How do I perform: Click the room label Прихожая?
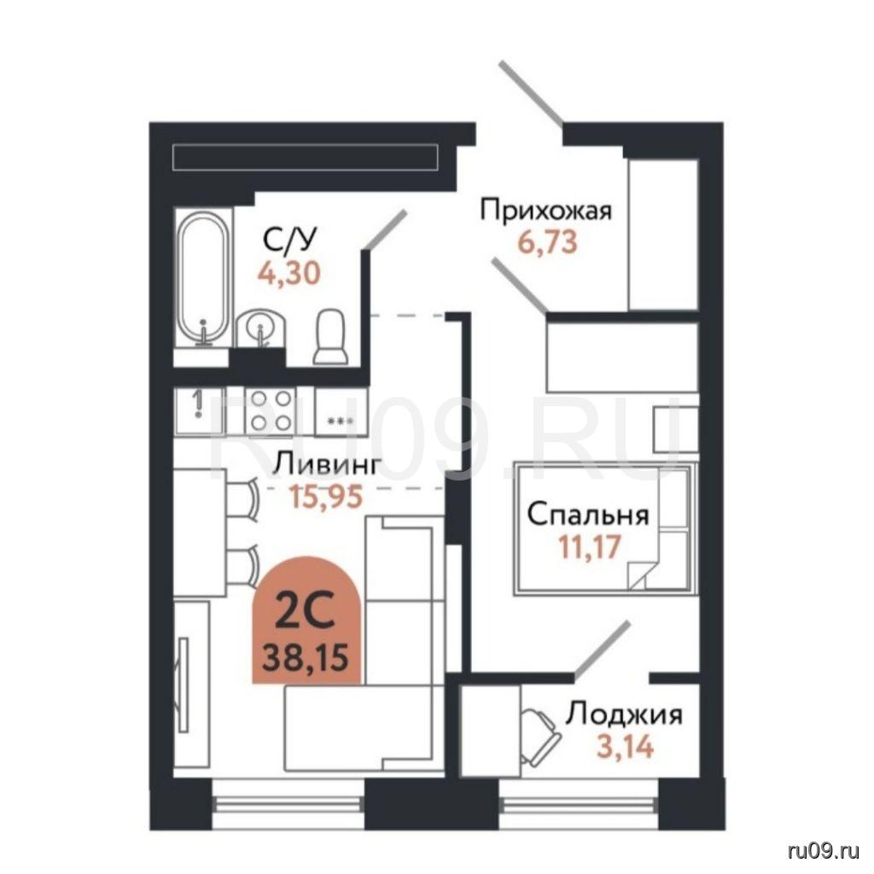coord(546,212)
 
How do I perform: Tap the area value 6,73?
coord(547,242)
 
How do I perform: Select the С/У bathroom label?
coord(289,240)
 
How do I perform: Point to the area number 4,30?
coord(289,273)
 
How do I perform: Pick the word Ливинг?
coord(329,464)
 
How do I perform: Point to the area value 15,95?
coord(326,495)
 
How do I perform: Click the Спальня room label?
coord(588,516)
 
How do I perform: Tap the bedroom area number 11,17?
coord(589,546)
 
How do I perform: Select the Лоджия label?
coord(624,714)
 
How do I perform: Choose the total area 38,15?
coord(306,657)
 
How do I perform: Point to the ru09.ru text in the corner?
coord(824,852)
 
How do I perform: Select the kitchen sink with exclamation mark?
coord(199,411)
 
